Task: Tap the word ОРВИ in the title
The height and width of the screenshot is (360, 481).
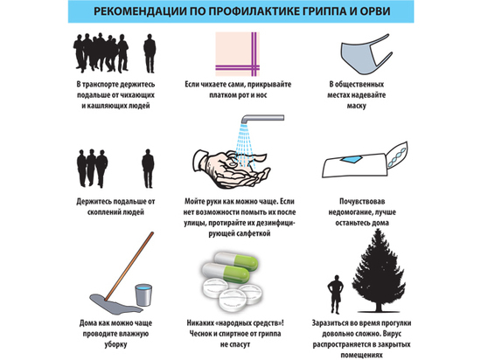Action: pos(375,11)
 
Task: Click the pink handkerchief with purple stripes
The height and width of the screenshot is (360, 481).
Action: pos(237,54)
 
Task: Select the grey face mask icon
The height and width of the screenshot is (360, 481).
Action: pos(365,54)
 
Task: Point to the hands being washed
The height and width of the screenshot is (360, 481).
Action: pos(231,168)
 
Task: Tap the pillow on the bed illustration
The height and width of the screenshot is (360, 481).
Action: pos(397,154)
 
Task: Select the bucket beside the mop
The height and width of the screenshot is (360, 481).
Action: pos(143,294)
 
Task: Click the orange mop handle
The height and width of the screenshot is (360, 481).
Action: pos(129,266)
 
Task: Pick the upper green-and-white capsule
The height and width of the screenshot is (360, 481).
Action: pos(236,261)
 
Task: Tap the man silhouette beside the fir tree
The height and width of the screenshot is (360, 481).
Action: pos(335,294)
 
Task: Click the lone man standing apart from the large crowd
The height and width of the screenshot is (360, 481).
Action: pos(150,53)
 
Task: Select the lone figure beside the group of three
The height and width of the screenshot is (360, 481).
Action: pos(148,169)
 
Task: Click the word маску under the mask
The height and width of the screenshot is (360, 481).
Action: pos(357,106)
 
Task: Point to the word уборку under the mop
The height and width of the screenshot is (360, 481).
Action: pos(115,344)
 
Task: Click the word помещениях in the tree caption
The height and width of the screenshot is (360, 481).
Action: pos(361,355)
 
